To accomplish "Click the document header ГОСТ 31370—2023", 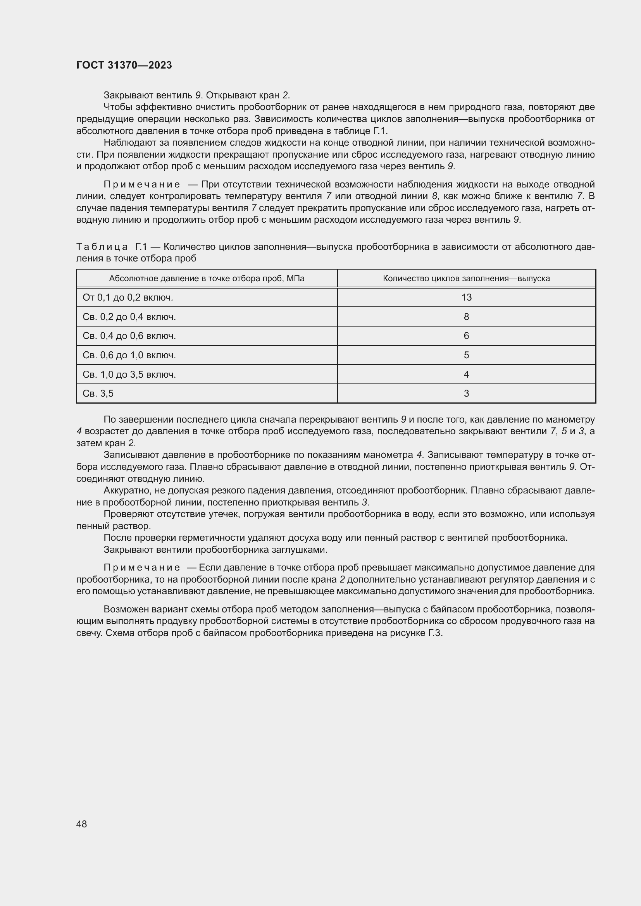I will tap(124, 65).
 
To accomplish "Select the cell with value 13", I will tap(466, 297).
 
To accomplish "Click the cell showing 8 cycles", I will tap(466, 317).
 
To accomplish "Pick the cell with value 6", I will tap(466, 336).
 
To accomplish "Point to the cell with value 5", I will tap(466, 355).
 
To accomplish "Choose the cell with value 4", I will tap(466, 375).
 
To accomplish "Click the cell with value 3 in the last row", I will tap(466, 394).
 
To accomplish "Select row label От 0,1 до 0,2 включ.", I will tap(128, 297).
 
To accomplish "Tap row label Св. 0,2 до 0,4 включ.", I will tap(129, 317).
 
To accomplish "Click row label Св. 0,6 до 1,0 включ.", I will tap(129, 355).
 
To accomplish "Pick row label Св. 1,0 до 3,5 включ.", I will tap(129, 375).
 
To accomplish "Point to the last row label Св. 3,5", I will tap(98, 394).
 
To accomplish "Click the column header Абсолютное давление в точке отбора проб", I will tap(207, 279).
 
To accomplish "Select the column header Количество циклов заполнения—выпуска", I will tap(466, 279).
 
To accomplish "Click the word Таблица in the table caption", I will tap(102, 247).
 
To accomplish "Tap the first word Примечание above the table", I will tap(142, 185).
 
